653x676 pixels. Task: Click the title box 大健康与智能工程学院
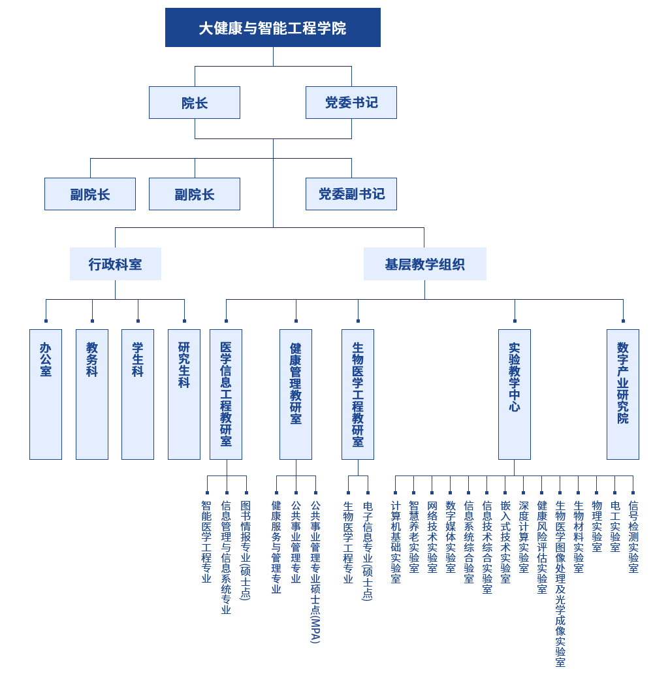tap(272, 27)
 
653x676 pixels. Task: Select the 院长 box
tap(194, 103)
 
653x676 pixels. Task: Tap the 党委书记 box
tap(351, 103)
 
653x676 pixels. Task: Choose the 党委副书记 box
tap(351, 194)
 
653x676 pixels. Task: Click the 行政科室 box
tap(115, 264)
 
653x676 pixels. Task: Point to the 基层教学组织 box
tap(424, 264)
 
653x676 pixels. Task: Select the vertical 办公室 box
tap(46, 394)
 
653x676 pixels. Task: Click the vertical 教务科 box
tap(92, 394)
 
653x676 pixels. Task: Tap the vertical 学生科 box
tap(138, 394)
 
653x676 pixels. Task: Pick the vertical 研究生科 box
tap(184, 394)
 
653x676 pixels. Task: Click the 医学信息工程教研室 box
tap(226, 394)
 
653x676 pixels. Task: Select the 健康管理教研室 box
tap(296, 394)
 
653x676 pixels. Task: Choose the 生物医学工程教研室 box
tap(358, 394)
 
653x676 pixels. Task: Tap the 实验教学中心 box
tap(515, 394)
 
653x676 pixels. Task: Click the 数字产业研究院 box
tap(623, 394)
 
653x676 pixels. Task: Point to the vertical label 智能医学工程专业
tap(206, 541)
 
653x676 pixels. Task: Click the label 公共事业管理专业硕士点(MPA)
tap(315, 571)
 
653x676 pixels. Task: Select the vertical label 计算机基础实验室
tap(395, 541)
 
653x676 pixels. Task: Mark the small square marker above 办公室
tap(46, 321)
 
